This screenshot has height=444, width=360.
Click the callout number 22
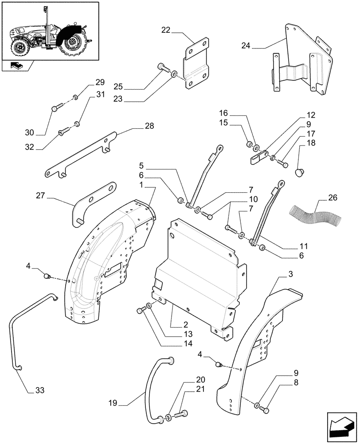pyautogui.click(x=166, y=30)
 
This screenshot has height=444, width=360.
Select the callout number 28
pyautogui.click(x=149, y=126)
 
